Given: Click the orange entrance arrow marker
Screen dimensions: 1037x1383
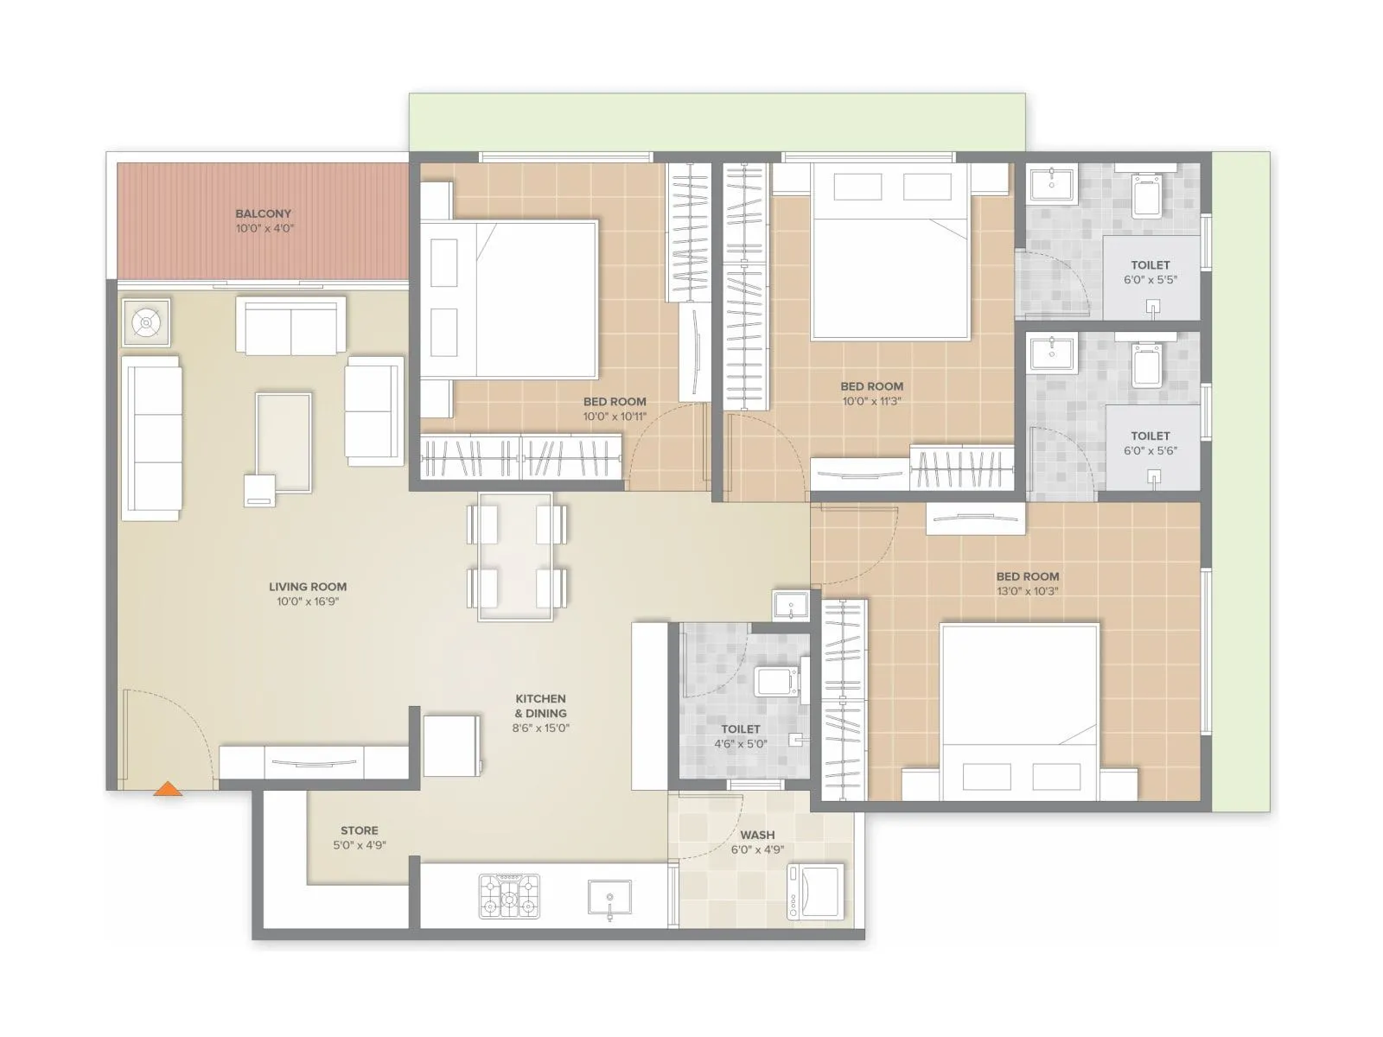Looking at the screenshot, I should pyautogui.click(x=169, y=788).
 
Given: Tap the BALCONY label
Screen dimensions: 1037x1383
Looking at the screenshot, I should pyautogui.click(x=264, y=213).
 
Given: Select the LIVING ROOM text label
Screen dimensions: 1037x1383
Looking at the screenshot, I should pyautogui.click(x=308, y=587).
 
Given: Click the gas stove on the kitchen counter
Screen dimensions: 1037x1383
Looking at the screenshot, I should pyautogui.click(x=509, y=895).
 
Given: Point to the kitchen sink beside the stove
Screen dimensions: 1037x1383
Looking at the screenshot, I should pyautogui.click(x=609, y=898).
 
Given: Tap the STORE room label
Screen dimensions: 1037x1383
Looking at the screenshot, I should pyautogui.click(x=359, y=830).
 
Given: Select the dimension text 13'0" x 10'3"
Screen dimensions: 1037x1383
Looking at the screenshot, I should pyautogui.click(x=1027, y=592).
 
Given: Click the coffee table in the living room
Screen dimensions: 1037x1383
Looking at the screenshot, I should pyautogui.click(x=284, y=442).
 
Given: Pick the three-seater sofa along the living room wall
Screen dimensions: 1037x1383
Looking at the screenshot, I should pyautogui.click(x=153, y=438).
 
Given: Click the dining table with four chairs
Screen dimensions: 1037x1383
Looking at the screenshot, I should pyautogui.click(x=516, y=557).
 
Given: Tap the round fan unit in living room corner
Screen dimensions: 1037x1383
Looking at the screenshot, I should pyautogui.click(x=146, y=322).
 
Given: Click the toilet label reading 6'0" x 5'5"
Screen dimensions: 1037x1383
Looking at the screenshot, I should pyautogui.click(x=1150, y=280).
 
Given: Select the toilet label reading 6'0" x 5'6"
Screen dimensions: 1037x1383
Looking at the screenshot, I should pyautogui.click(x=1150, y=451).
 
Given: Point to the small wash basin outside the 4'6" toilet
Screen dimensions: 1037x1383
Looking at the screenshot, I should pyautogui.click(x=790, y=605).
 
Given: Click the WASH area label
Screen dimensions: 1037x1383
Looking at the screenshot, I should pyautogui.click(x=757, y=835).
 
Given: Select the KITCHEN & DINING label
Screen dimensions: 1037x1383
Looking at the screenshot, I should pyautogui.click(x=541, y=706).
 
